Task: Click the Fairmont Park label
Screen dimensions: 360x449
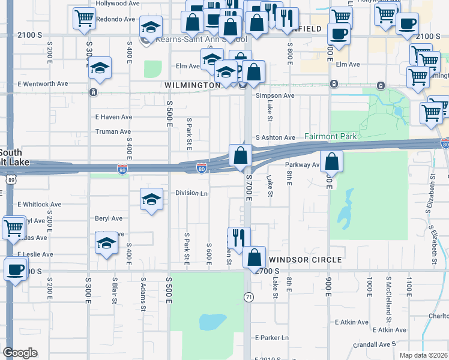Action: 330,136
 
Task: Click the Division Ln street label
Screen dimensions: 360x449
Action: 191,193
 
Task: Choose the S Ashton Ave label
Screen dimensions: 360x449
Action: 275,137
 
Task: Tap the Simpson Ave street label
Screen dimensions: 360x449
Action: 275,95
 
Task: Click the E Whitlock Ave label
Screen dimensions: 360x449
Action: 39,205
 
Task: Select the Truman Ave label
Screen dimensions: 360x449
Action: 113,131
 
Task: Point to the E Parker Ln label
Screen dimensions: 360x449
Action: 271,338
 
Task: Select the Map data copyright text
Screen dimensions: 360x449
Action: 423,355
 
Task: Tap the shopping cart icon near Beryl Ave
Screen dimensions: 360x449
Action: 14,227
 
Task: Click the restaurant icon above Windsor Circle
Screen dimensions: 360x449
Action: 238,238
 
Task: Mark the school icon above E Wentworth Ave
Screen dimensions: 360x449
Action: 100,68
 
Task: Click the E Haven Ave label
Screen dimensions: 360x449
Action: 113,117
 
